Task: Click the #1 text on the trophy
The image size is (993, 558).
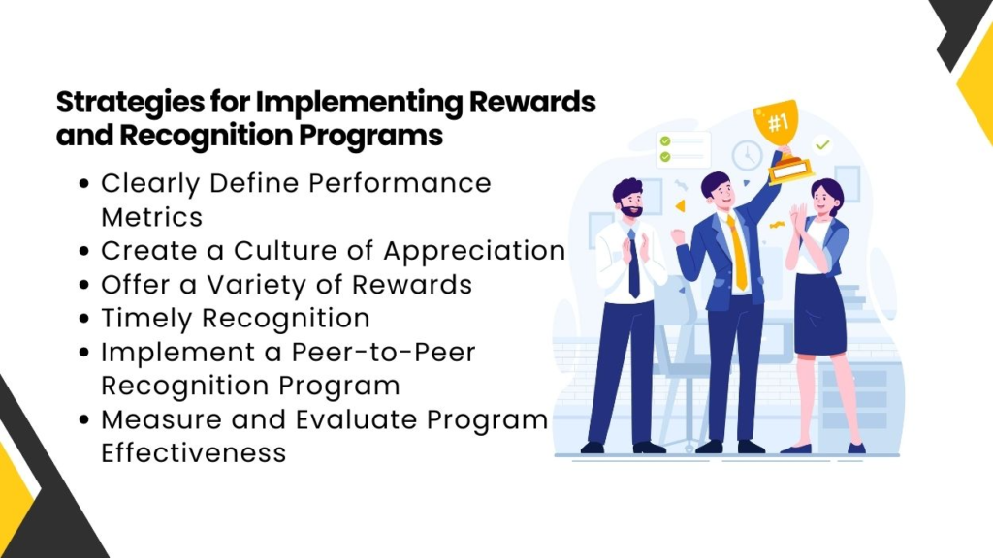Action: pos(776,124)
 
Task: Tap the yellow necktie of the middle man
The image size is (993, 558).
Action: pos(738,252)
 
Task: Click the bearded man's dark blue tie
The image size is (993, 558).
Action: pos(632,262)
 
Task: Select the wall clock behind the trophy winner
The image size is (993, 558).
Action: pos(747,155)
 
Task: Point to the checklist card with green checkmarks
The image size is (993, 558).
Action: pos(684,148)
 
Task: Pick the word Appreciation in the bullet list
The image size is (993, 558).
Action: pos(474,250)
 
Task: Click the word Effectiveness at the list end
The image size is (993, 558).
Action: pos(194,452)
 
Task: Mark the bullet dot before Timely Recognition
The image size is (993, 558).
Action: pos(84,319)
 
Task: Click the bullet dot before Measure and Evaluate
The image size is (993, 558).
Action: pos(84,419)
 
